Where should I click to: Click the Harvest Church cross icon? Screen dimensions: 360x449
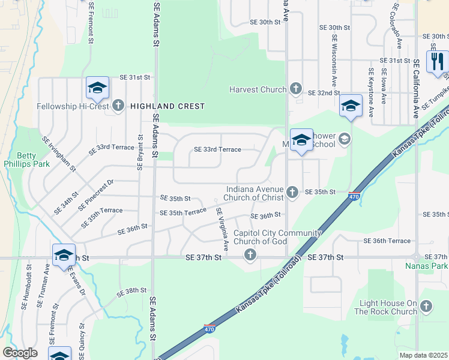pyautogui.click(x=295, y=89)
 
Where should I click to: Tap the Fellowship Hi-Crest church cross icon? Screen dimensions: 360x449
pyautogui.click(x=118, y=106)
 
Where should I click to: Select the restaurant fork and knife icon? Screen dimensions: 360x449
pyautogui.click(x=436, y=61)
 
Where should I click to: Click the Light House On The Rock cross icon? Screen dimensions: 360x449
pyautogui.click(x=427, y=307)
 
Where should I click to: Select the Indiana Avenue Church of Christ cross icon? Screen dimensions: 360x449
pyautogui.click(x=292, y=192)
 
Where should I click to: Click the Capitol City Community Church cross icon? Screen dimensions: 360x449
pyautogui.click(x=250, y=256)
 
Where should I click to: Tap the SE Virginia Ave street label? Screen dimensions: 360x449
pyautogui.click(x=223, y=229)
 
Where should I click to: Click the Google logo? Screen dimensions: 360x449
pyautogui.click(x=20, y=353)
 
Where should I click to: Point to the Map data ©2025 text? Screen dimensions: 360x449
pyautogui.click(x=423, y=355)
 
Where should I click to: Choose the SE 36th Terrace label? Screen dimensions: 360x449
pyautogui.click(x=387, y=241)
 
